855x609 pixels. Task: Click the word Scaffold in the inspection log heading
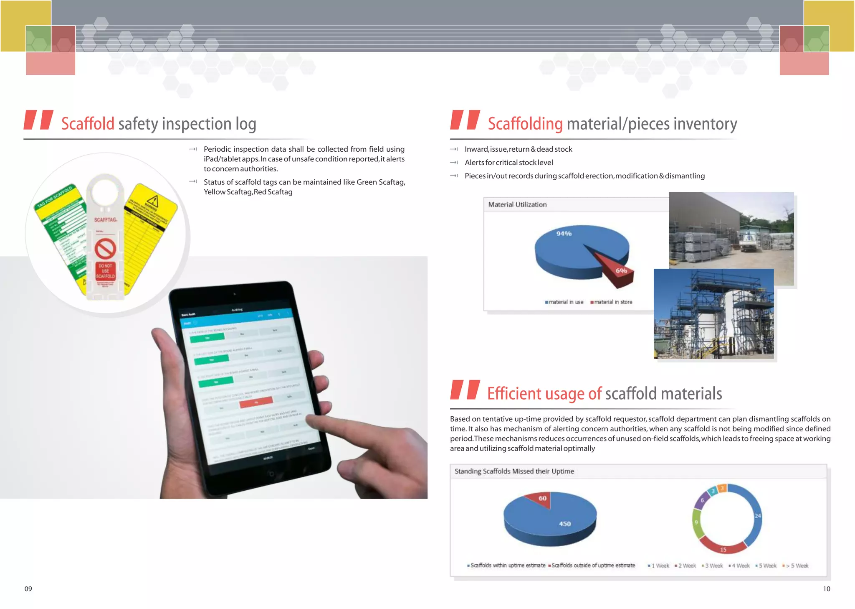[88, 124]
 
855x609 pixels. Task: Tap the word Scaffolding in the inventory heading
[525, 124]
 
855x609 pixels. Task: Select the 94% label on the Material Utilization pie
[564, 234]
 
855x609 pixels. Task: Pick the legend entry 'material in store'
[612, 302]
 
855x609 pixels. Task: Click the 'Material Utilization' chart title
[517, 204]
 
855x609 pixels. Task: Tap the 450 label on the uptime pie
[564, 524]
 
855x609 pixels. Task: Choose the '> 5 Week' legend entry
[797, 566]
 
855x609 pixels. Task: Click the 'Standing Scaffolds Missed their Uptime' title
[514, 471]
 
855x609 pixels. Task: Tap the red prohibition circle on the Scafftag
[105, 249]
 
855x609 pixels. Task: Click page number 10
[826, 589]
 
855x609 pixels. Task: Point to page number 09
[28, 589]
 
